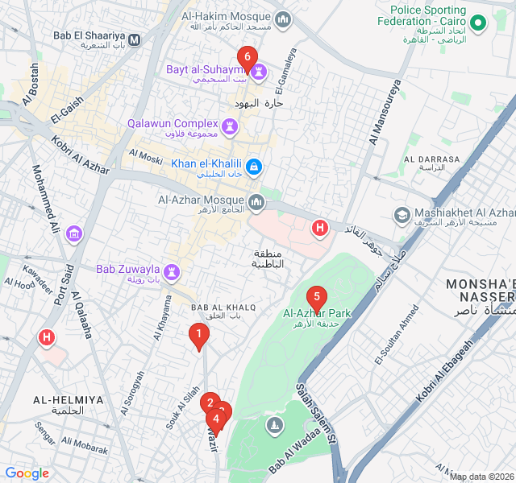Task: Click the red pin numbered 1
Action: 198,335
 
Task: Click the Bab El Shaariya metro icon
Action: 134,38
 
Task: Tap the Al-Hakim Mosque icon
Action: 282,19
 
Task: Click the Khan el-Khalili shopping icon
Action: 253,167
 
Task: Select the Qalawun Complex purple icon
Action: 231,126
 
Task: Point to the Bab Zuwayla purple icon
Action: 173,270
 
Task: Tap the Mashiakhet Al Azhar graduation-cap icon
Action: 401,215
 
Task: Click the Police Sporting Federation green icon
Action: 478,23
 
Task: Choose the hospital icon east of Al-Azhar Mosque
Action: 320,229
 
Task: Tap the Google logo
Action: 27,473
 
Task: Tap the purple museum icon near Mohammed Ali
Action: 75,234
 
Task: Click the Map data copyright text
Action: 481,477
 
